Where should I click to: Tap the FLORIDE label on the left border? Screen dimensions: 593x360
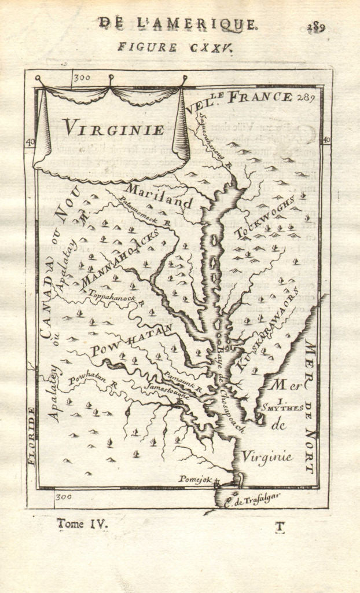[32, 435]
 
